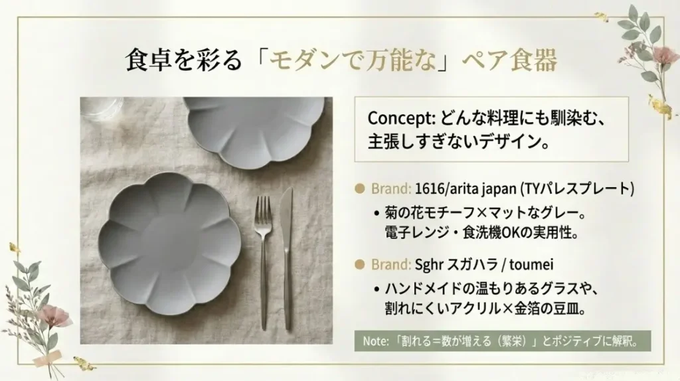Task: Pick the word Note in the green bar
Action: coord(375,341)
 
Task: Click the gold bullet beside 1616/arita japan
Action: coord(361,189)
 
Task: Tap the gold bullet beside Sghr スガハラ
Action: coord(361,264)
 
